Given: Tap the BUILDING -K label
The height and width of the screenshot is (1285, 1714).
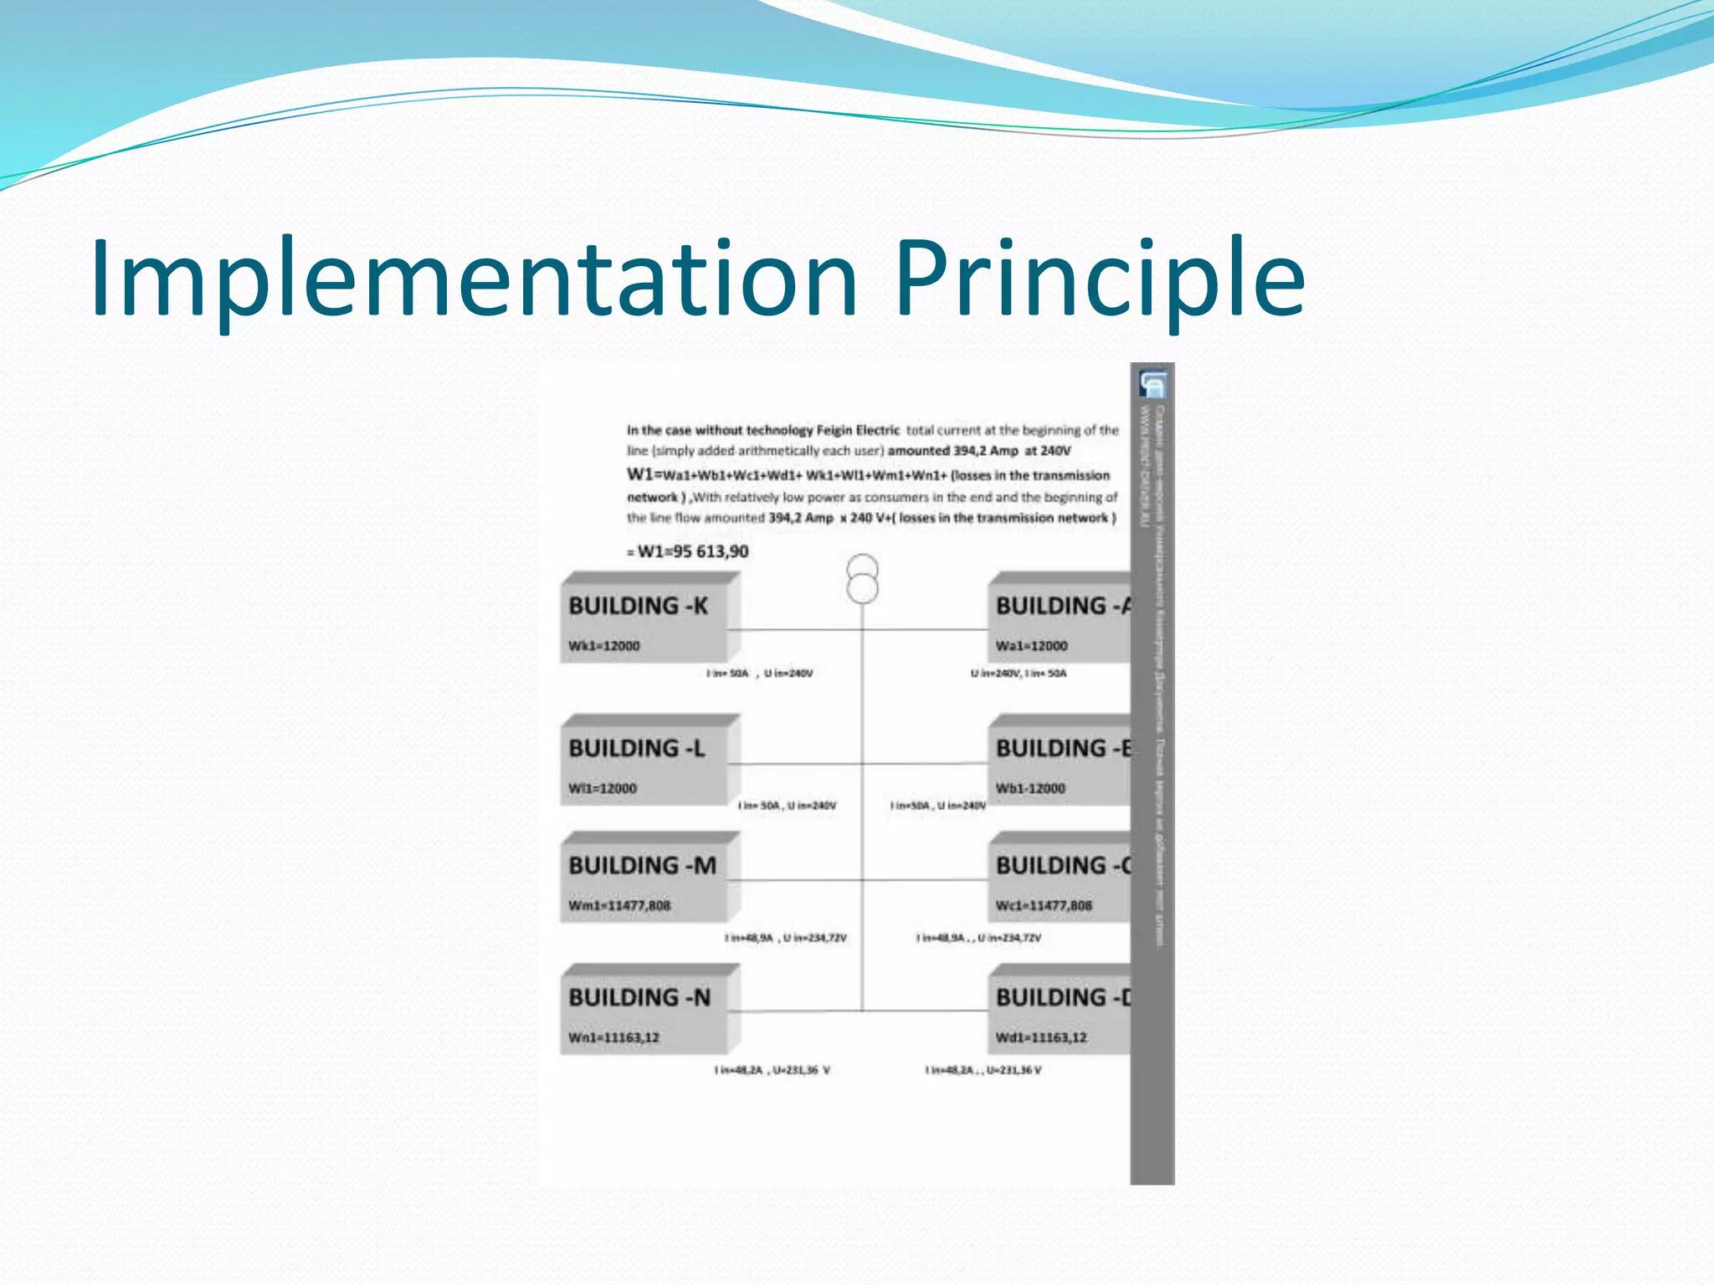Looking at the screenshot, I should click(638, 606).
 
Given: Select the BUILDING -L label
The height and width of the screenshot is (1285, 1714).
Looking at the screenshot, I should click(636, 748).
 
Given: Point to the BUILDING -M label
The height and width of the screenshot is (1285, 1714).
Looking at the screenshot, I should click(642, 865).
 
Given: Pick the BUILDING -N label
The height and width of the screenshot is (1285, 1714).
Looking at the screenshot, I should click(639, 997).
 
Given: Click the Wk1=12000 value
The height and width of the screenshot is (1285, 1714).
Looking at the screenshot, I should click(603, 646).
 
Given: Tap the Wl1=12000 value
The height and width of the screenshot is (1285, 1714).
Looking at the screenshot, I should click(602, 788).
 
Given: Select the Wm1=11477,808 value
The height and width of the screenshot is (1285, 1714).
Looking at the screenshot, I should click(619, 905).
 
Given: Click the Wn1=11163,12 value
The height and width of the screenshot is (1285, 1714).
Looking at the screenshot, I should click(613, 1037).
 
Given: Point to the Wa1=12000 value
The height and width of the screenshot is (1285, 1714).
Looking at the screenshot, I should click(1031, 646).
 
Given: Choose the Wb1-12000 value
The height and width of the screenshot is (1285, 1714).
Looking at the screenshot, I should click(1030, 788).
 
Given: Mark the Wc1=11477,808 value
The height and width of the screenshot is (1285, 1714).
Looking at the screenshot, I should click(1044, 905).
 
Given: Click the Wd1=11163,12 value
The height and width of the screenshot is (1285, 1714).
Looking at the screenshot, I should click(1041, 1037).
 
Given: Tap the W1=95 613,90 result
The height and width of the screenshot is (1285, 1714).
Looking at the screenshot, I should click(692, 551).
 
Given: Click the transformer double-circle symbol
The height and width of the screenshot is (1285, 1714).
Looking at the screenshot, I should click(862, 579).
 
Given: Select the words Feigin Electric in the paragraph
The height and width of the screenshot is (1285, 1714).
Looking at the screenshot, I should click(858, 430).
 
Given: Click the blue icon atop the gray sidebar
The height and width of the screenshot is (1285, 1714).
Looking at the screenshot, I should click(1152, 384).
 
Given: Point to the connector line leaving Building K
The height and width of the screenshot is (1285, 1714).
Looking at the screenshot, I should click(795, 629).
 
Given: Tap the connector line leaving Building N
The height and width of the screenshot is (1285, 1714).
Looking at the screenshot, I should click(795, 1011).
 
